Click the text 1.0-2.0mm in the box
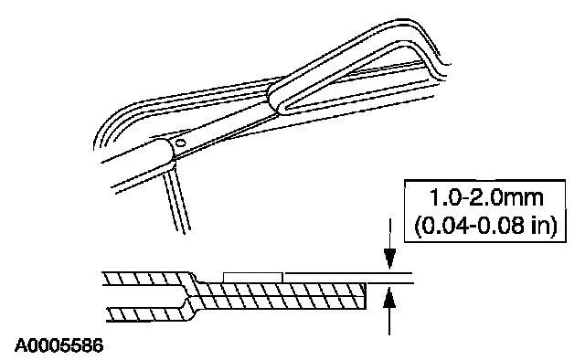point(486,197)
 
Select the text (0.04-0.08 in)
point(485,226)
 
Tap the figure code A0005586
point(58,345)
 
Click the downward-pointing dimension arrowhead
point(389,259)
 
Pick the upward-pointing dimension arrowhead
point(389,297)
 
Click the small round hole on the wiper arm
point(181,143)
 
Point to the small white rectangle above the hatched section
point(252,277)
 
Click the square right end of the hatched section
point(364,296)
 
